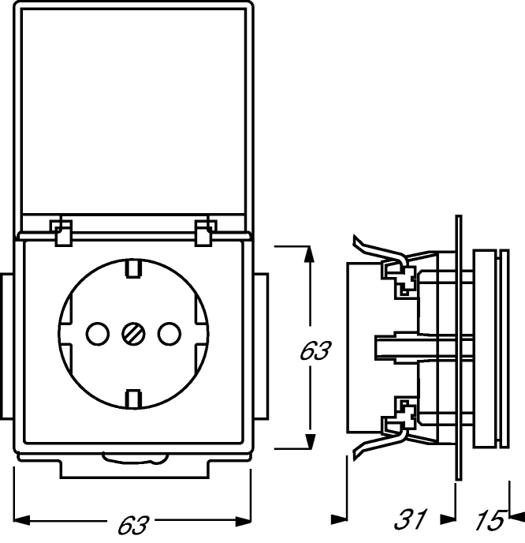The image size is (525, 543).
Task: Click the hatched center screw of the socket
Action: point(133,334)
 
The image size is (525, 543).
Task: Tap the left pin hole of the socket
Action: point(98,334)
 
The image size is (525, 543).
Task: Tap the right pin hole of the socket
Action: point(169,334)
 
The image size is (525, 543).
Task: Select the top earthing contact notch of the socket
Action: point(133,268)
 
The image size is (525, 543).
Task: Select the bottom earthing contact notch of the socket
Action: point(133,399)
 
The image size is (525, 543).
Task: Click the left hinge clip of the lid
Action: point(61,233)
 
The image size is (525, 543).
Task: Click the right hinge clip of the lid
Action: point(206,233)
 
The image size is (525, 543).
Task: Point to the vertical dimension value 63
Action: point(314,350)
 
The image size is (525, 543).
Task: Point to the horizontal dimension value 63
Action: point(133,525)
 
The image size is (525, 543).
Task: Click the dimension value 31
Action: point(411,519)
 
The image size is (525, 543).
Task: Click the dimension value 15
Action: point(490,519)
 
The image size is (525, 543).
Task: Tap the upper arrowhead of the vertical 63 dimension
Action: point(310,254)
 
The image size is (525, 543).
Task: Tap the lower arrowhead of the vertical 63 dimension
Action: point(310,440)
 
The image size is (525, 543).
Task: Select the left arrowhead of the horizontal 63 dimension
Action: point(22,520)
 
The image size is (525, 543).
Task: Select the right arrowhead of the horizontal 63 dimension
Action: point(243,520)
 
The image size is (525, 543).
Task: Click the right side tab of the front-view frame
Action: point(261,346)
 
